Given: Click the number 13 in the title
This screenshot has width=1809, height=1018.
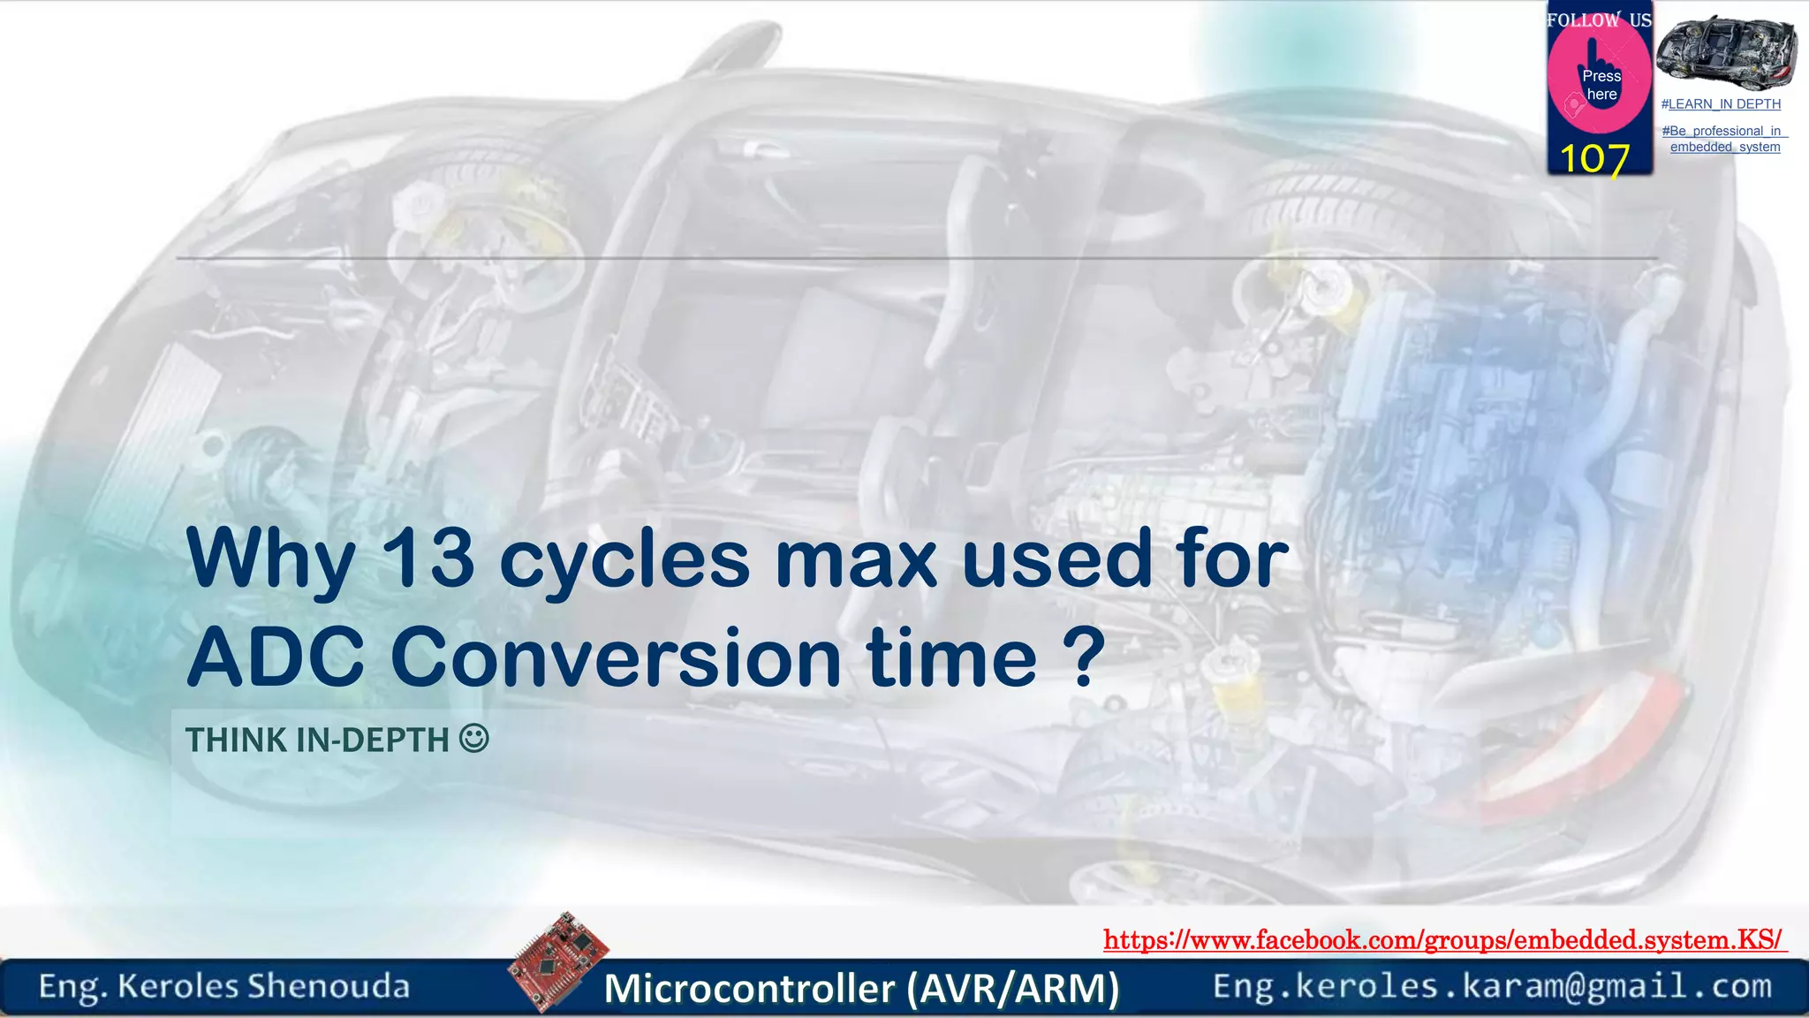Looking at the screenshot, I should tap(427, 558).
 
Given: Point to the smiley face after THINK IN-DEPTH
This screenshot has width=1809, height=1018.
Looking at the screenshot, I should tap(474, 738).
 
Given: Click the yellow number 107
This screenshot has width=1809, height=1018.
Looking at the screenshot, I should tap(1594, 159).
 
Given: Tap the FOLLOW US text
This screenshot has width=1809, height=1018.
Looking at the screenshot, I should tap(1599, 20).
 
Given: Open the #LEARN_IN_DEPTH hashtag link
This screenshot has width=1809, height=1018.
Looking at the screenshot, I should tap(1721, 104).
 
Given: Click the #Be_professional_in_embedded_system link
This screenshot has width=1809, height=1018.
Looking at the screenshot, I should tap(1724, 139).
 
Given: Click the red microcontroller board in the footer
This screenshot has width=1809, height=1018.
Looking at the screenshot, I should tap(558, 961).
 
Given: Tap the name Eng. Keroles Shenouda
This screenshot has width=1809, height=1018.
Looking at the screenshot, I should tap(224, 986).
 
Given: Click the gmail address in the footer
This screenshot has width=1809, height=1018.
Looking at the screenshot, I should tap(1492, 986).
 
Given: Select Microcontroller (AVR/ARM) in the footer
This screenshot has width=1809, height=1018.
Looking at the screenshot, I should tap(861, 988).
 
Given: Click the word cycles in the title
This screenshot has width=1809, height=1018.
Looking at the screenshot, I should tap(624, 558).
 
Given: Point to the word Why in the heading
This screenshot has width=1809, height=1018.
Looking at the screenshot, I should tap(270, 558).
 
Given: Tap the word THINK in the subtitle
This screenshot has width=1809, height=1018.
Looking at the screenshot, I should tap(236, 741).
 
